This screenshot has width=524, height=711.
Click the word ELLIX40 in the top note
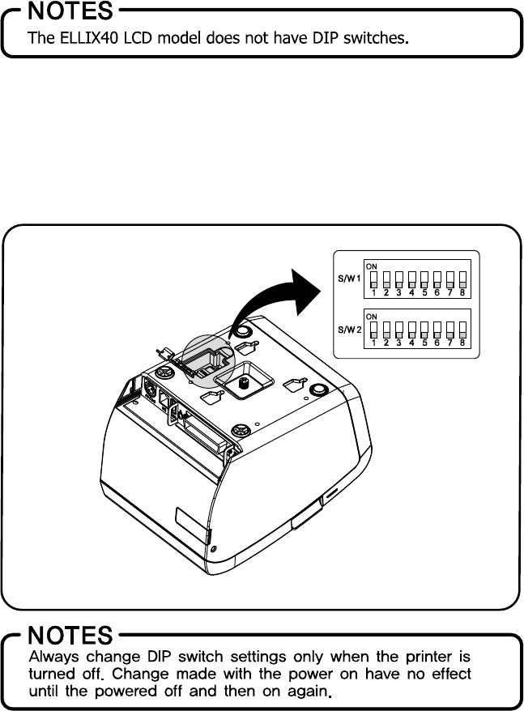click(x=87, y=37)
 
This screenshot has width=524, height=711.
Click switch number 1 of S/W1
click(x=373, y=280)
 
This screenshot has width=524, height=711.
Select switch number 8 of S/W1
click(x=462, y=280)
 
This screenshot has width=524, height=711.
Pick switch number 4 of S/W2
click(x=411, y=330)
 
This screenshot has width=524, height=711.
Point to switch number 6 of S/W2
click(x=437, y=330)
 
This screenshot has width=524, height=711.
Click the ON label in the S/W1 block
click(x=371, y=265)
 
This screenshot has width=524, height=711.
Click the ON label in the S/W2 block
click(x=371, y=315)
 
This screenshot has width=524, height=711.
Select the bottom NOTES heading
click(x=71, y=635)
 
